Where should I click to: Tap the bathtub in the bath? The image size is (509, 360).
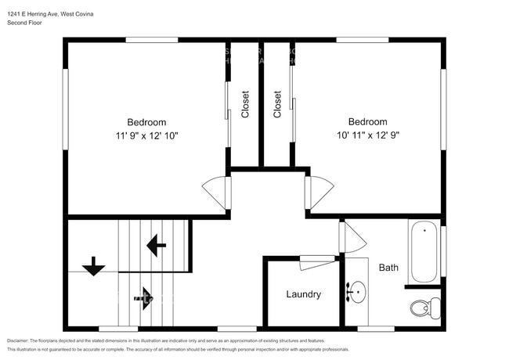point(424,252)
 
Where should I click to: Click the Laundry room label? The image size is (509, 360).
point(303,294)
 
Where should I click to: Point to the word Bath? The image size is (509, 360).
point(388,268)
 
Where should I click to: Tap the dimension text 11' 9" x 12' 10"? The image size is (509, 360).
point(147,135)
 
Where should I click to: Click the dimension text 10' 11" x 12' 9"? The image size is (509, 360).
point(368,135)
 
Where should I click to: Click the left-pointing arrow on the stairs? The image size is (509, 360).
point(156,246)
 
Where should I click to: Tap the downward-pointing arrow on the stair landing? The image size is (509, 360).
point(94,266)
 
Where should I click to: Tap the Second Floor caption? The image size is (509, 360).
point(25,23)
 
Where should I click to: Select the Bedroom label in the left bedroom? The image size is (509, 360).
point(147,122)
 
